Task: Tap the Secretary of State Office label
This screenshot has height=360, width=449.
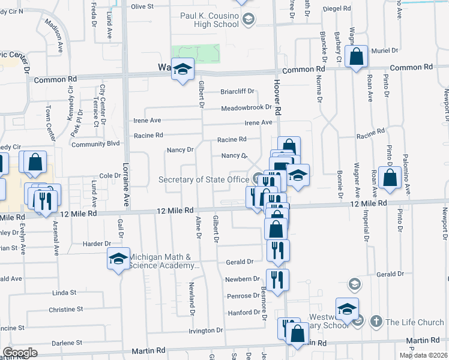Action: tap(203, 179)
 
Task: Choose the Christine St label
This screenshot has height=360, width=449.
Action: tap(65, 310)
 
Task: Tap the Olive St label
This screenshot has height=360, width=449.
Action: tap(143, 7)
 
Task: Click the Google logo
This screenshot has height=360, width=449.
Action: tap(20, 353)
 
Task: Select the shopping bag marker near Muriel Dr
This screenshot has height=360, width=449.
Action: tap(357, 58)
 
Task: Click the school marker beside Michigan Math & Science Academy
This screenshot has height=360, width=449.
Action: tap(118, 259)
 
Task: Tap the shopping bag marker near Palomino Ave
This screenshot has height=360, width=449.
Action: tap(390, 178)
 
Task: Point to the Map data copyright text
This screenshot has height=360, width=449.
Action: tap(423, 355)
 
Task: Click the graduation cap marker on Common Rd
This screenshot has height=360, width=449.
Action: tap(182, 70)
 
